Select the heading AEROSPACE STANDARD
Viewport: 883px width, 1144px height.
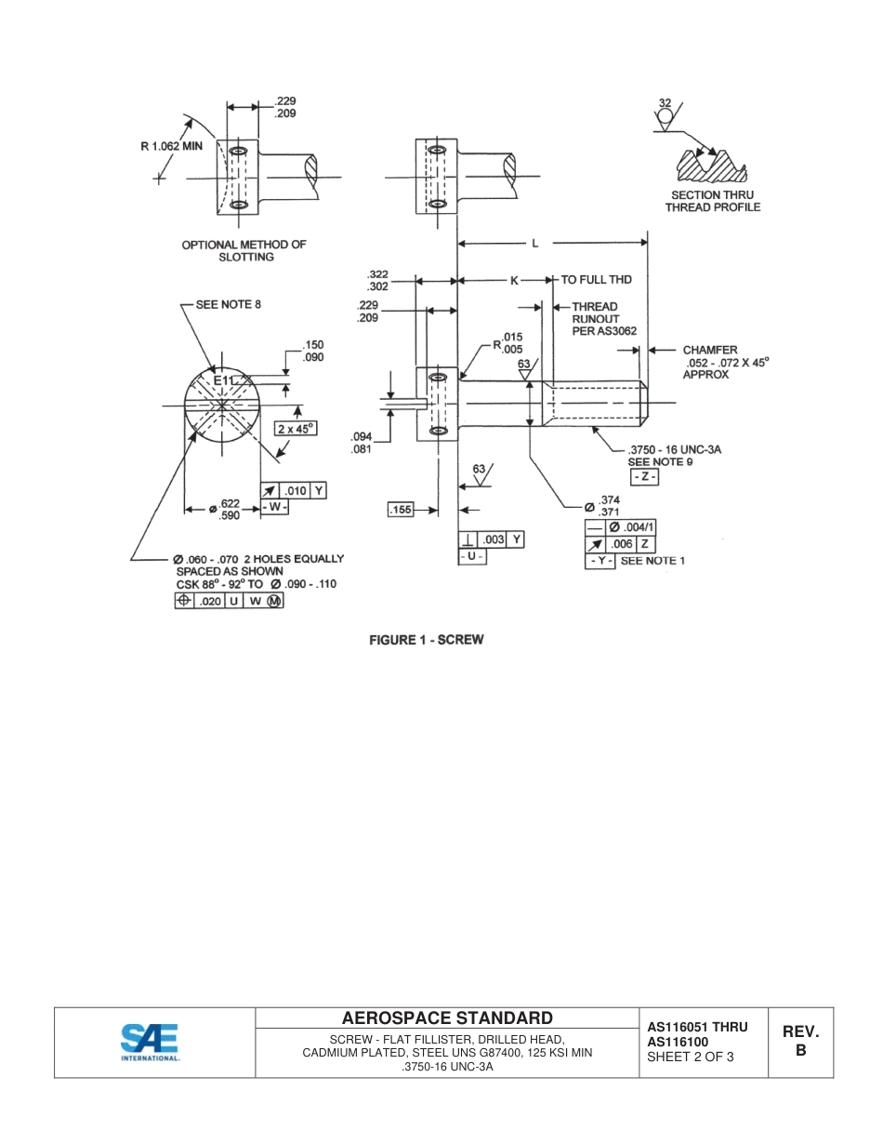click(x=446, y=1018)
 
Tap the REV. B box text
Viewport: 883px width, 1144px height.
click(x=799, y=1041)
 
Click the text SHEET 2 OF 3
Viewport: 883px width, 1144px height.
click(x=691, y=1057)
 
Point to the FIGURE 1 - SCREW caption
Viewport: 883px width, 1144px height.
click(x=427, y=640)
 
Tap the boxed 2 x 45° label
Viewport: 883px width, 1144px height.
click(x=297, y=429)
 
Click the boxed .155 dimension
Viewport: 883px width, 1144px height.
click(x=401, y=510)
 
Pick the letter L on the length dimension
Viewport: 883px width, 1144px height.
click(x=534, y=244)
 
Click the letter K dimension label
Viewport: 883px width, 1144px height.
click(x=514, y=280)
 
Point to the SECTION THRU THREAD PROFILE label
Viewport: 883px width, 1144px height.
click(x=712, y=201)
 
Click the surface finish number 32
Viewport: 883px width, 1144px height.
click(x=665, y=102)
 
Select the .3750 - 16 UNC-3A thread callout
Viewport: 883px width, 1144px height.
click(x=674, y=449)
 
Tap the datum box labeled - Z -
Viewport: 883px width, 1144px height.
click(x=644, y=477)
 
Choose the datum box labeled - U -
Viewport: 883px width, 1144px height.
click(x=473, y=556)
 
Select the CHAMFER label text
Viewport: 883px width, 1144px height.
click(x=710, y=351)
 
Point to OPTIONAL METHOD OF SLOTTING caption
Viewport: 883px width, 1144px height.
click(x=244, y=251)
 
